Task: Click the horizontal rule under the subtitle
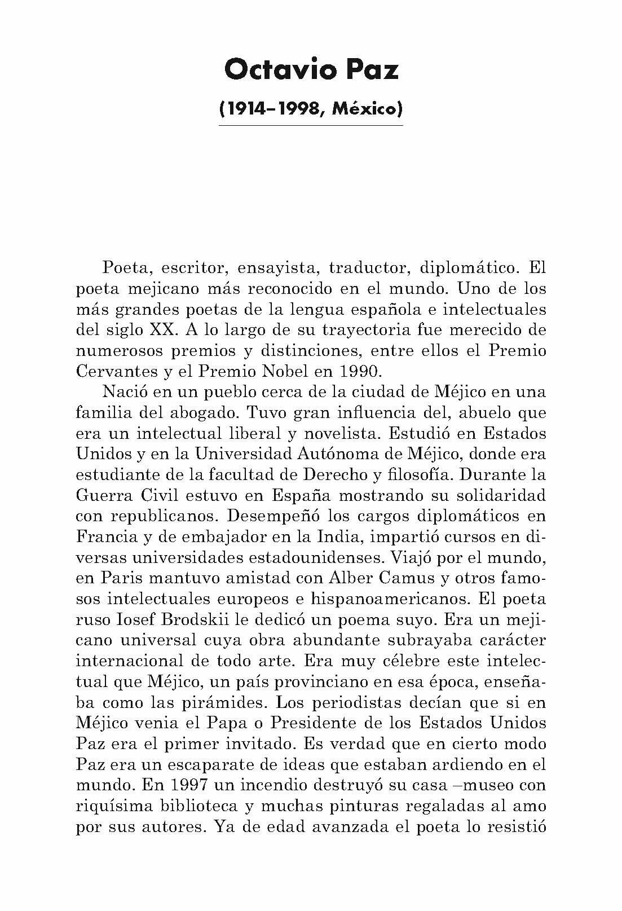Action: [311, 125]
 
